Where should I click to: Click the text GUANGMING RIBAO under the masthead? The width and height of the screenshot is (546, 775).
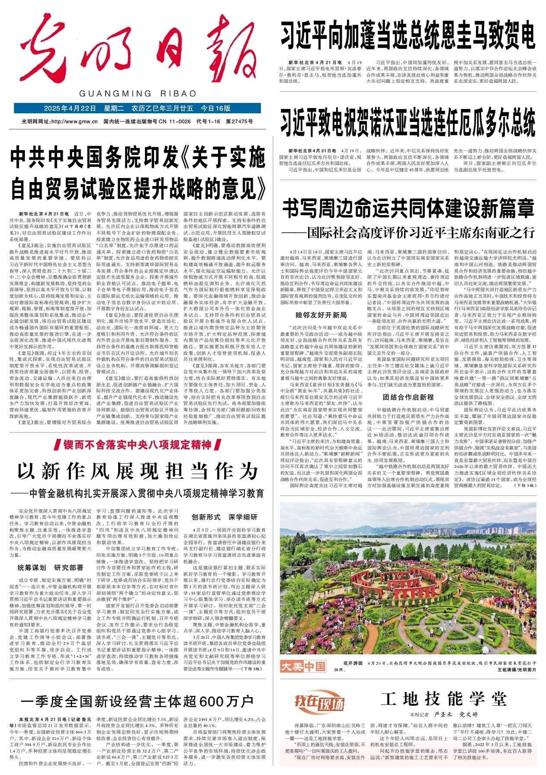(138, 94)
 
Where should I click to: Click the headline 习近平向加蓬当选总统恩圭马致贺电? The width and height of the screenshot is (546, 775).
(408, 35)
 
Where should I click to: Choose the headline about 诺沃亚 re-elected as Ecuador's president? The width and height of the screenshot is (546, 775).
(408, 122)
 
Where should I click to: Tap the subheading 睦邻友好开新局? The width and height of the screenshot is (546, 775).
(321, 315)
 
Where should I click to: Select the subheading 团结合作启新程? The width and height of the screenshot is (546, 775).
(408, 397)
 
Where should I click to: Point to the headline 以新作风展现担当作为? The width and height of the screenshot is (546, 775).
(138, 471)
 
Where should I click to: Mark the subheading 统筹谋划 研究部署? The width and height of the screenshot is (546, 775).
(51, 568)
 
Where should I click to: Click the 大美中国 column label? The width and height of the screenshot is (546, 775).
(302, 666)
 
